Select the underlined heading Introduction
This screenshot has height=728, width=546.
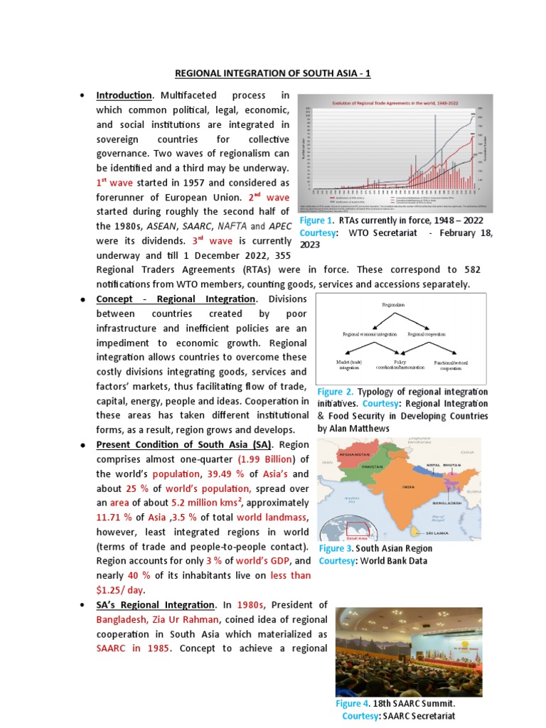tap(124, 95)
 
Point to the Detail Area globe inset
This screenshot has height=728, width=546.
tap(344, 530)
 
